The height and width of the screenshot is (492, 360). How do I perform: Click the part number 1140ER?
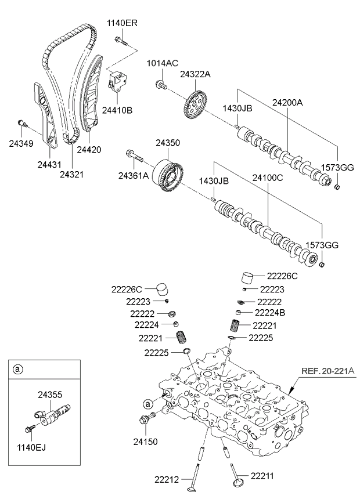122,23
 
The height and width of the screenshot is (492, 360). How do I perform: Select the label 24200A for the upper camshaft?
288,103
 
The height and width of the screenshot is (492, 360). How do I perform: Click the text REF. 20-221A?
328,370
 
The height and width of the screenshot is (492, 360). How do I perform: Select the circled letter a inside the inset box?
19,369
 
